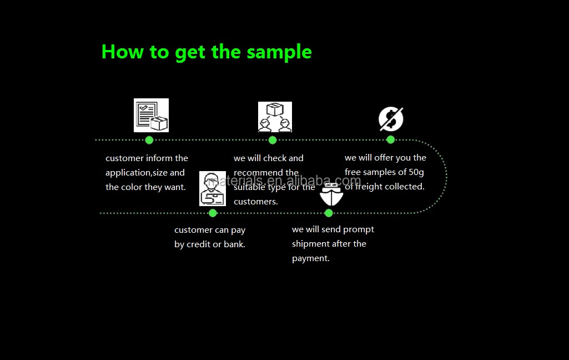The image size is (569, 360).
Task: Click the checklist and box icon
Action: [x=151, y=115]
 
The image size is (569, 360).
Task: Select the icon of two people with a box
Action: [x=275, y=117]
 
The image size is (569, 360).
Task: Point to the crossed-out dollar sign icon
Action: [x=391, y=118]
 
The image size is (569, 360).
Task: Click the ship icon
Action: [x=331, y=194]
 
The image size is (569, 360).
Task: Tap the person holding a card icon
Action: [x=213, y=189]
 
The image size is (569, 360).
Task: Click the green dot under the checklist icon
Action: [x=149, y=140]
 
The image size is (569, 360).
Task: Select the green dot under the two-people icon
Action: [x=273, y=140]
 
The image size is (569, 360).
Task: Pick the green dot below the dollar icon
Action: [x=390, y=139]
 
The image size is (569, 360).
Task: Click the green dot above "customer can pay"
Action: [x=213, y=213]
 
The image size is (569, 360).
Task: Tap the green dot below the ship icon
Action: [x=329, y=213]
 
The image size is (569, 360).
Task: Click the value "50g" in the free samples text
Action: [x=416, y=172]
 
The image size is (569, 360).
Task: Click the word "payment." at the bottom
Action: [x=311, y=258]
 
